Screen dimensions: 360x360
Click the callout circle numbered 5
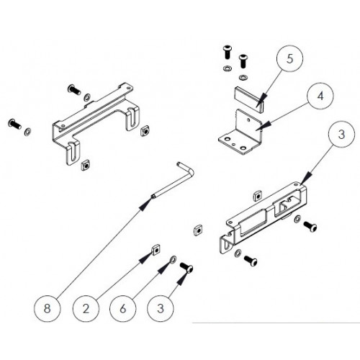point(289,58)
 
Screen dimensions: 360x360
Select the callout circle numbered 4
point(320,96)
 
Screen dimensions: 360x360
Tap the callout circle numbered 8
point(47,308)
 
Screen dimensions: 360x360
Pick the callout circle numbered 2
point(86,308)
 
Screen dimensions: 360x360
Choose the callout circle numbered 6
point(123,308)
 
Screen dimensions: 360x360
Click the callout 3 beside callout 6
point(161,308)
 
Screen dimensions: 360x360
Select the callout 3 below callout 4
point(341,134)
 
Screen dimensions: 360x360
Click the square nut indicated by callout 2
point(156,251)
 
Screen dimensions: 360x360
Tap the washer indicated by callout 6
point(173,259)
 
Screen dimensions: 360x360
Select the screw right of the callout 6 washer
point(186,268)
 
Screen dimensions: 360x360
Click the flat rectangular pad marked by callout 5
point(248,99)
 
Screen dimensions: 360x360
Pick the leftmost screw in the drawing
point(14,123)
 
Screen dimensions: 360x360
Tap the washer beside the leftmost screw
point(27,132)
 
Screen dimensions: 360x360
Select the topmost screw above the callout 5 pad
point(227,51)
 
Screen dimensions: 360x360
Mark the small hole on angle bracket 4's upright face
point(248,120)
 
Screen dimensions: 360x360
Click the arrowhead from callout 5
point(261,101)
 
